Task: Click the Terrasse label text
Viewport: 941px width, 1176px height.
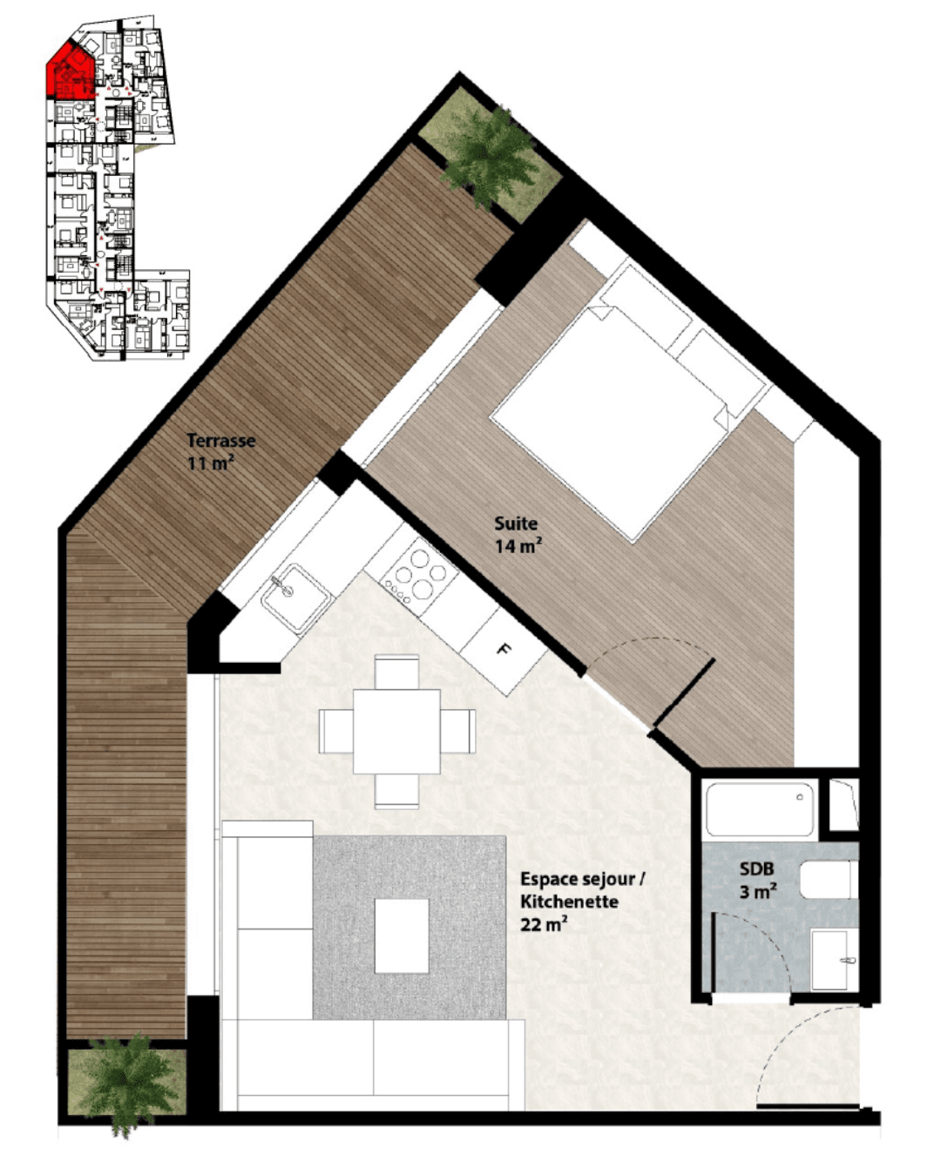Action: [221, 441]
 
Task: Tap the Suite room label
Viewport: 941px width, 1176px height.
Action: [516, 524]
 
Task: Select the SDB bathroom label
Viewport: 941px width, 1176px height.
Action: [757, 868]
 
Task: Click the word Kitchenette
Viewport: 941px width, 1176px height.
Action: [569, 901]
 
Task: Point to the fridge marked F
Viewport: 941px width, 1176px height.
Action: [504, 651]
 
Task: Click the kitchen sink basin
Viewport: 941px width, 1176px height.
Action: [296, 598]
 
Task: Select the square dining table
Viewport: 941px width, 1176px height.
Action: [396, 731]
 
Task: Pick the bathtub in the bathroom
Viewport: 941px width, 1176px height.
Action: [760, 808]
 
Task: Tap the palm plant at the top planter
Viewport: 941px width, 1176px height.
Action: [488, 156]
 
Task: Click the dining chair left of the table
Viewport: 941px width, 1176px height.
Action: [335, 731]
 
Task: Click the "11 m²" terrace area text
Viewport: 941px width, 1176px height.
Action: [211, 463]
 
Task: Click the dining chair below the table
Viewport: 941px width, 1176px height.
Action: [397, 791]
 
